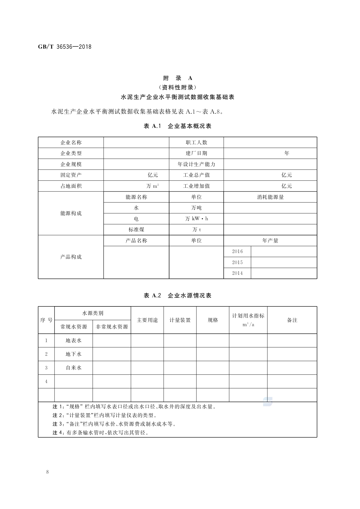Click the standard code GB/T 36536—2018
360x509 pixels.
(65, 47)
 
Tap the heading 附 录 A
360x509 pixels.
(178, 78)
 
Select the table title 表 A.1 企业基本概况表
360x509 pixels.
(178, 126)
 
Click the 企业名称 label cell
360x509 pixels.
(71, 142)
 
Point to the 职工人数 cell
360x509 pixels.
(196, 142)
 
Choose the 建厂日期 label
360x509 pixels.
(196, 153)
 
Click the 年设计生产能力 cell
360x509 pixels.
(196, 164)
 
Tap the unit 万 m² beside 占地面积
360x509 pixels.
(153, 186)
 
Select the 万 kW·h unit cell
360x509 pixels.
(196, 219)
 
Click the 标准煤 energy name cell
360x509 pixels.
(136, 230)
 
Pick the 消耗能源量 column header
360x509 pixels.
(270, 197)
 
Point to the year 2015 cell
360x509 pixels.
(237, 262)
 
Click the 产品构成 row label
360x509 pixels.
(71, 257)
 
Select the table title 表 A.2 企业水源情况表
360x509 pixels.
(178, 295)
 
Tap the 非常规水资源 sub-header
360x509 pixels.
(112, 327)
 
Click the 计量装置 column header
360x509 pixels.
(180, 320)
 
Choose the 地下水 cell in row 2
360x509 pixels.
(73, 354)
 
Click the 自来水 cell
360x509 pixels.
(73, 368)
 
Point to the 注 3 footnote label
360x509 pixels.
(58, 424)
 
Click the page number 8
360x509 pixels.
(47, 472)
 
